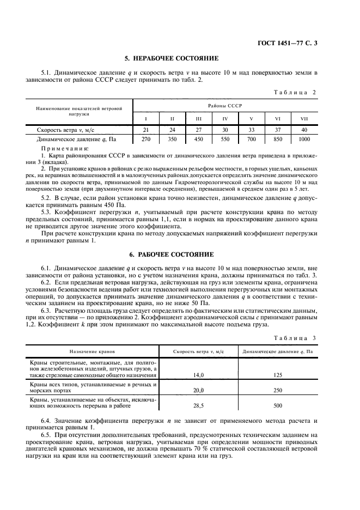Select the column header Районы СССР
pos(224,105)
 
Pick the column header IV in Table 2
pos(224,118)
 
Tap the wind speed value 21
pos(145,131)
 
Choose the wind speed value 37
pos(277,131)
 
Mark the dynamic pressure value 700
pos(251,139)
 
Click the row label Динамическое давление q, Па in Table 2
pos(72,139)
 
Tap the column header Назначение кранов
pos(91,352)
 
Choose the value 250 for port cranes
pos(278,391)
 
